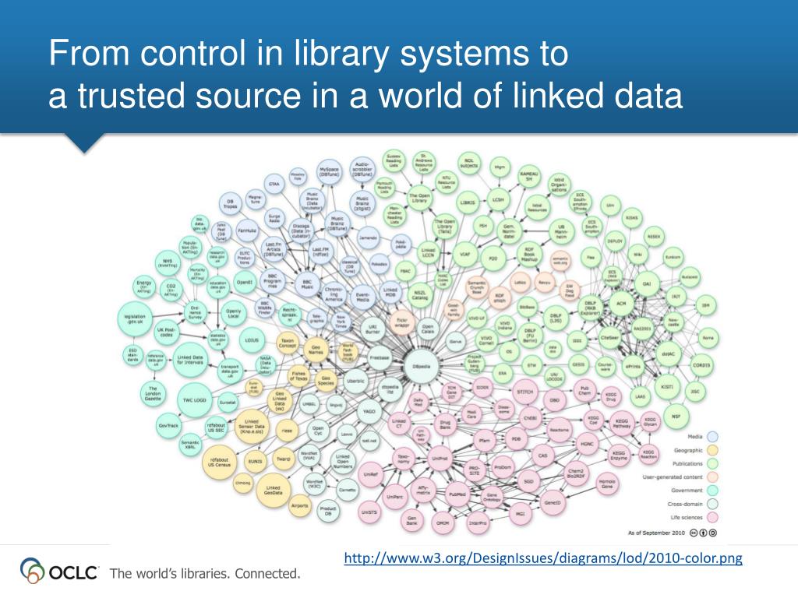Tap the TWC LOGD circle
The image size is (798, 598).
click(193, 399)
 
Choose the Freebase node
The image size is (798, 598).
click(380, 357)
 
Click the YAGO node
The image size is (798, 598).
click(369, 410)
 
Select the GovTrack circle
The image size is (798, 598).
click(168, 426)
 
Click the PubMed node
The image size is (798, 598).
click(458, 494)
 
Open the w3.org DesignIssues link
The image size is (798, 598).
click(543, 558)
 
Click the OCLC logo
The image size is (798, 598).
click(60, 572)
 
